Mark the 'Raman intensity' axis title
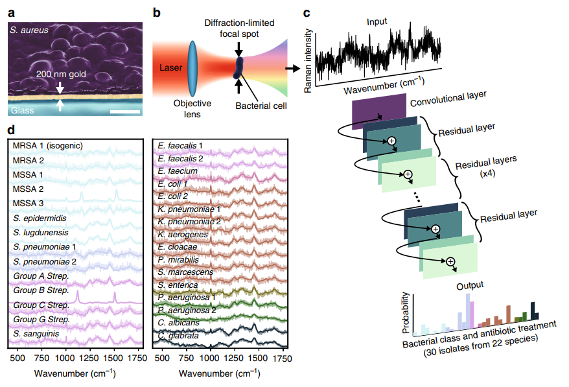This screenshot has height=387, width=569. coord(309,54)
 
